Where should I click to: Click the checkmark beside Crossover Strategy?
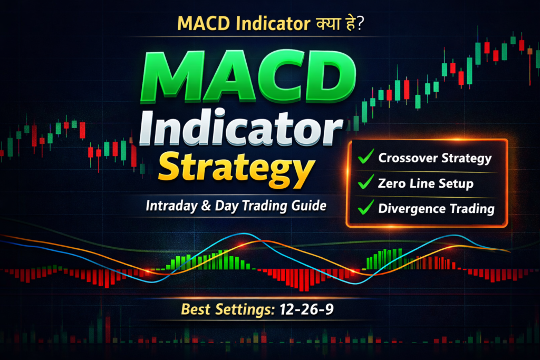click(x=364, y=158)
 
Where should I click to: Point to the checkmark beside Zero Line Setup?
click(x=364, y=183)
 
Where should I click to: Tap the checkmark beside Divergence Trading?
click(x=364, y=208)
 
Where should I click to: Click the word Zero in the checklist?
click(x=391, y=183)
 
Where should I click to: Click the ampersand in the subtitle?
click(x=204, y=206)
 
